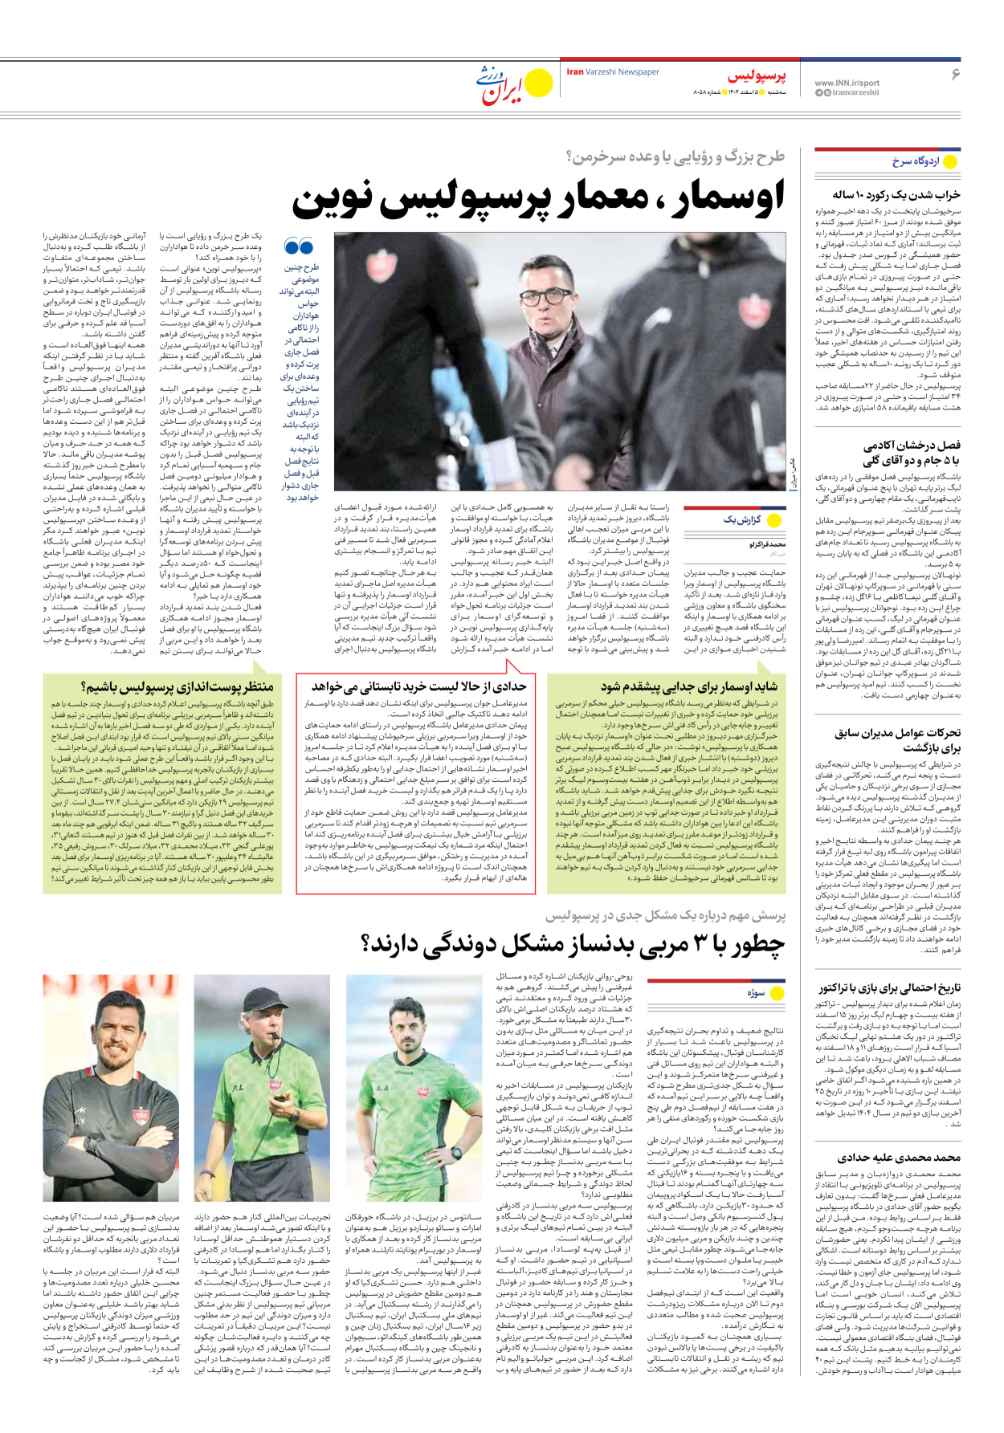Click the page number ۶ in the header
pos(955,75)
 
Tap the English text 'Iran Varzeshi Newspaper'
pos(613,72)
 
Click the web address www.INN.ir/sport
pos(847,83)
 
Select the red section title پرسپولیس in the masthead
pos(757,77)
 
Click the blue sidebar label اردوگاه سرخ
pos(915,161)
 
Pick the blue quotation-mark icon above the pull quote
pos(300,247)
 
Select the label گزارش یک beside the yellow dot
pos(741,519)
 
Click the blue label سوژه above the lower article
pos(756,993)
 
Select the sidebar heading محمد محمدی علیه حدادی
pos(899,1158)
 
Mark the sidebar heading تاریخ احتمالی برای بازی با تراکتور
pos(889,988)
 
